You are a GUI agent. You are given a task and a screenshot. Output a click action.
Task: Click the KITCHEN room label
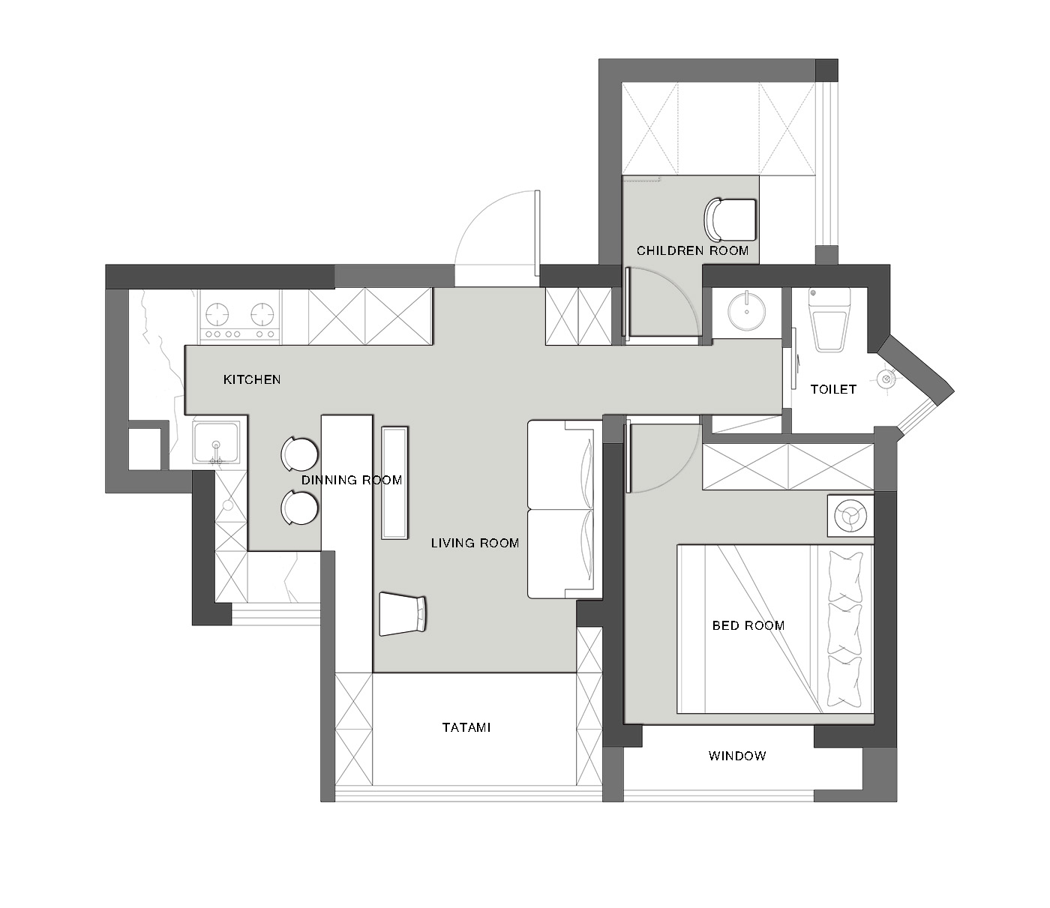click(252, 379)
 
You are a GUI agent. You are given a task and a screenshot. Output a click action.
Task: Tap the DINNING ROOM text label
click(352, 480)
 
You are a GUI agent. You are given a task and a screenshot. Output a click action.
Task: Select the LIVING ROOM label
click(475, 543)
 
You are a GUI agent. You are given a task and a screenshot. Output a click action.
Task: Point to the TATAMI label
click(466, 728)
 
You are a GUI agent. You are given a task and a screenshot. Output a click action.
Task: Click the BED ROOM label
click(748, 625)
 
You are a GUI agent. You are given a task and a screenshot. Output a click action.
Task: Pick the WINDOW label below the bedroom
click(737, 756)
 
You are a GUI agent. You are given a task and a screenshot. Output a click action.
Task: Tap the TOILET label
click(833, 389)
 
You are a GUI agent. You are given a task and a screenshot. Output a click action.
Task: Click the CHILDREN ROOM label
click(692, 250)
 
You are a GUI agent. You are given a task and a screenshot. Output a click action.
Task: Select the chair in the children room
click(730, 220)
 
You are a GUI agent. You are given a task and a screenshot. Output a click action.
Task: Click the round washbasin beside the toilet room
click(746, 310)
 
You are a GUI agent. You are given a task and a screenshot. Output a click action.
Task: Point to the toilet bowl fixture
click(829, 320)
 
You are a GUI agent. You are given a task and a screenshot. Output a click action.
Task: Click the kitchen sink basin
click(216, 442)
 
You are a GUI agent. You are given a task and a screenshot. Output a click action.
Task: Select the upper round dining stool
click(300, 454)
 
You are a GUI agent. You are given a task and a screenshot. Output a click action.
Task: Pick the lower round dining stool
click(300, 508)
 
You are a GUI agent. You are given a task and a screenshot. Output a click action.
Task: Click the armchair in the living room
click(403, 614)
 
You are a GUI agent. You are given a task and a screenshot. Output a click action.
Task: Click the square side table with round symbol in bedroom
click(850, 516)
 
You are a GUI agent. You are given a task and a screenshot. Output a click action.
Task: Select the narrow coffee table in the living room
click(394, 482)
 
